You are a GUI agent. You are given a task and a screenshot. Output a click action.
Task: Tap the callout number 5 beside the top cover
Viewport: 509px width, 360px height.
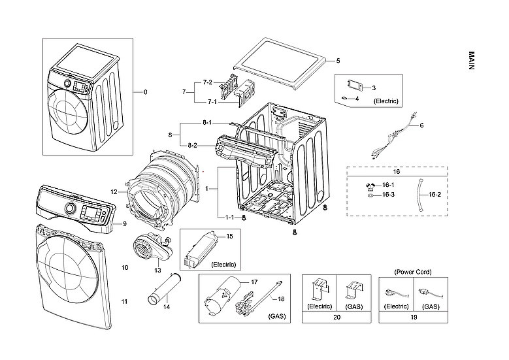pyautogui.click(x=338, y=61)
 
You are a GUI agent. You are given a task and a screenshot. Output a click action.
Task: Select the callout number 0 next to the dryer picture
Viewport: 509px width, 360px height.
pyautogui.click(x=145, y=92)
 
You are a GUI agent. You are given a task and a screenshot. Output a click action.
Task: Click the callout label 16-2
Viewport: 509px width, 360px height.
pyautogui.click(x=435, y=194)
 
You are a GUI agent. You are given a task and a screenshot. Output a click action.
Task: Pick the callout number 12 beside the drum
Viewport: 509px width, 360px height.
pyautogui.click(x=113, y=192)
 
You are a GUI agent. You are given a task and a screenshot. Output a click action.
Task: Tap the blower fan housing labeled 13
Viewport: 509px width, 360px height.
pyautogui.click(x=149, y=248)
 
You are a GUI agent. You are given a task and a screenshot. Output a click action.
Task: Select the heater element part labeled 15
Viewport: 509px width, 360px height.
pyautogui.click(x=202, y=248)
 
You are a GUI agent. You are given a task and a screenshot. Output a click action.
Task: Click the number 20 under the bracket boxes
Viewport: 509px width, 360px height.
pyautogui.click(x=337, y=317)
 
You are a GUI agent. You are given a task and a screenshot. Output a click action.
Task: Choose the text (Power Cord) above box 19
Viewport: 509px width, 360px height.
pyautogui.click(x=413, y=271)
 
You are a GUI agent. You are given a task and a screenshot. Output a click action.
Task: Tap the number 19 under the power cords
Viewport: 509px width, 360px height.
pyautogui.click(x=413, y=317)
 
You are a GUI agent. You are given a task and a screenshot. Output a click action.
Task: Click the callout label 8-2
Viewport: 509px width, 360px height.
pyautogui.click(x=193, y=144)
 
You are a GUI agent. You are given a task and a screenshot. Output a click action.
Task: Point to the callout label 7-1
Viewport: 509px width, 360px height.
pyautogui.click(x=212, y=102)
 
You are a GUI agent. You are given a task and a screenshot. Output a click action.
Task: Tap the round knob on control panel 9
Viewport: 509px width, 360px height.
pyautogui.click(x=69, y=209)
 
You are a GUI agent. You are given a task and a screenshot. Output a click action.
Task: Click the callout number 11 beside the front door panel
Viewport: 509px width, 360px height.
pyautogui.click(x=124, y=301)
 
